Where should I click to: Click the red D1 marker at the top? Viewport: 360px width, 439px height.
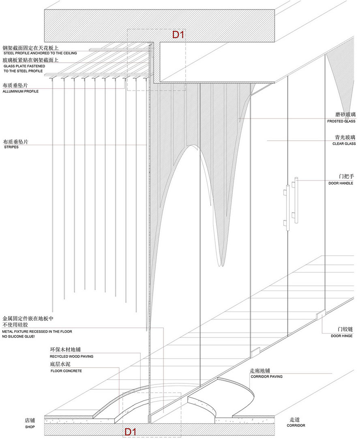pos(178,35)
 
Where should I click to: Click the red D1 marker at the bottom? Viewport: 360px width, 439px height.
pos(131,432)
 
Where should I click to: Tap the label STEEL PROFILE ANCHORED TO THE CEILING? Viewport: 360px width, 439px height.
pos(40,53)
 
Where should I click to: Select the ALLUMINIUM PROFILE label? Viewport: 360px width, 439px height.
pos(20,91)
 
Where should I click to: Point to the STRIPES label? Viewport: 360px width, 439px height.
pos(11,147)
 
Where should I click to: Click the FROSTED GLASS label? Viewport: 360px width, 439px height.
pos(341,121)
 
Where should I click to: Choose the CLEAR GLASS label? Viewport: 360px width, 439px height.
pos(344,144)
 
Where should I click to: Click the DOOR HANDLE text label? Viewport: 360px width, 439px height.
pos(341,183)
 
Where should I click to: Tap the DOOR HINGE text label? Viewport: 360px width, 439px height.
pos(341,336)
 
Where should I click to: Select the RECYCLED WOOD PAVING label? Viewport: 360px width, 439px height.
pos(72,356)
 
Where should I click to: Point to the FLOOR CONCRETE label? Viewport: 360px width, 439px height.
pos(66,371)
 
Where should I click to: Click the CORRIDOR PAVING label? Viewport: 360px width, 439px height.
pos(267,377)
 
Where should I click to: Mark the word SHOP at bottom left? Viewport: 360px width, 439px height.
pos(30,427)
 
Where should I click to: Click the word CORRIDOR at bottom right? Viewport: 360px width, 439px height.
pos(296,425)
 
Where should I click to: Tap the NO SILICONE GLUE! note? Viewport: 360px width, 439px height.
pos(18,336)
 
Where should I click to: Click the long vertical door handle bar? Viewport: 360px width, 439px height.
pos(296,200)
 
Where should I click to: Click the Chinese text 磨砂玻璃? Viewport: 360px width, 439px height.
pos(345,114)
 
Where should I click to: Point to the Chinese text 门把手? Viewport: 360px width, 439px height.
pos(346,176)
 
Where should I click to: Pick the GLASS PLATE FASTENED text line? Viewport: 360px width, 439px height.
pos(24,66)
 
